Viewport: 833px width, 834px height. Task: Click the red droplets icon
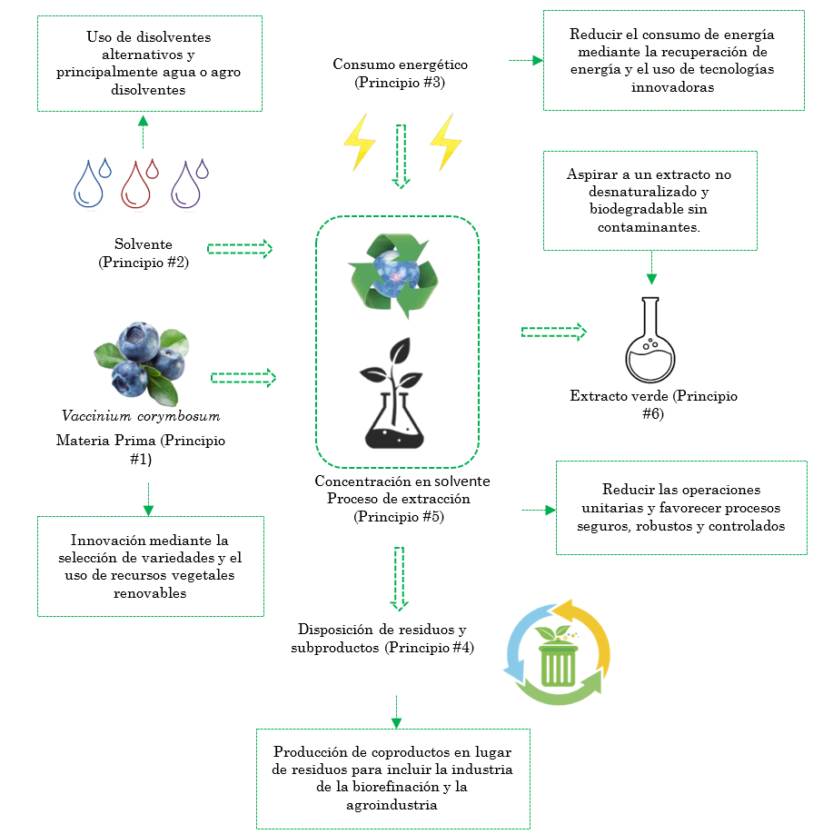pyautogui.click(x=140, y=183)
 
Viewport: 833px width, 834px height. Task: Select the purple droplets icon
pyautogui.click(x=189, y=183)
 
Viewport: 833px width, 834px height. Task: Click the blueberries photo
pyautogui.click(x=142, y=361)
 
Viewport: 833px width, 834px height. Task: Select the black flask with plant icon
pyautogui.click(x=395, y=392)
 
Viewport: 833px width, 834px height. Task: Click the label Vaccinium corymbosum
pyautogui.click(x=141, y=416)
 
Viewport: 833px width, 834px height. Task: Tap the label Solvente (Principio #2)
pyautogui.click(x=143, y=253)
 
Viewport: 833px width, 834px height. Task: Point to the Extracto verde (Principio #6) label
pyautogui.click(x=653, y=405)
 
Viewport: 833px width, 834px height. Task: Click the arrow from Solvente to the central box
pyautogui.click(x=240, y=249)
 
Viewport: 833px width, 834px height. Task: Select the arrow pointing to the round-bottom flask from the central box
pyautogui.click(x=554, y=332)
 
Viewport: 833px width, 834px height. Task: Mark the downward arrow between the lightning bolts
pyautogui.click(x=401, y=155)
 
